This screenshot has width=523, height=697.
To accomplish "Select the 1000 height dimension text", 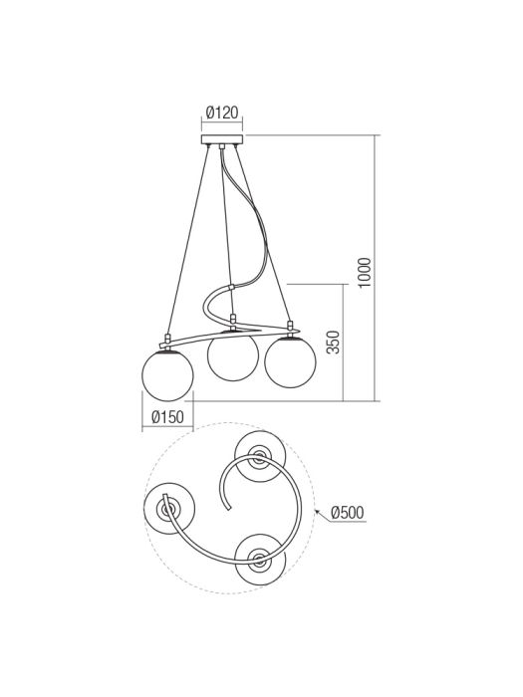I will pos(365,272).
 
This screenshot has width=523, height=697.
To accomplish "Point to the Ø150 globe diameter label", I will pos(166,418).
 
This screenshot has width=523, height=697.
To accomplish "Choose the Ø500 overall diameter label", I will pos(346,513).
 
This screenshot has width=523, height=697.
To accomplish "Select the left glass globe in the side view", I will pos(167,375).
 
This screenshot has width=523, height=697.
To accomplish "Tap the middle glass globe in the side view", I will pos(232,355).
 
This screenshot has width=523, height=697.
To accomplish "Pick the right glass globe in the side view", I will pos(290,362).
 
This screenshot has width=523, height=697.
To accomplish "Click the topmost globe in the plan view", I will pos(259,457).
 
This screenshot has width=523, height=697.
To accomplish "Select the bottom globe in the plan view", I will pos(260,559).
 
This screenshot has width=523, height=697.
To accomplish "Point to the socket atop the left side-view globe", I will pos(168,340).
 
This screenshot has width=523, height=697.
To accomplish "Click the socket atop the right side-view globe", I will pos(291,327).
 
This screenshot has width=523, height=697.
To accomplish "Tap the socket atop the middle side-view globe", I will pos(233,322).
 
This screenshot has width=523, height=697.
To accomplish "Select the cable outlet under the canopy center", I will pos(222,149).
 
